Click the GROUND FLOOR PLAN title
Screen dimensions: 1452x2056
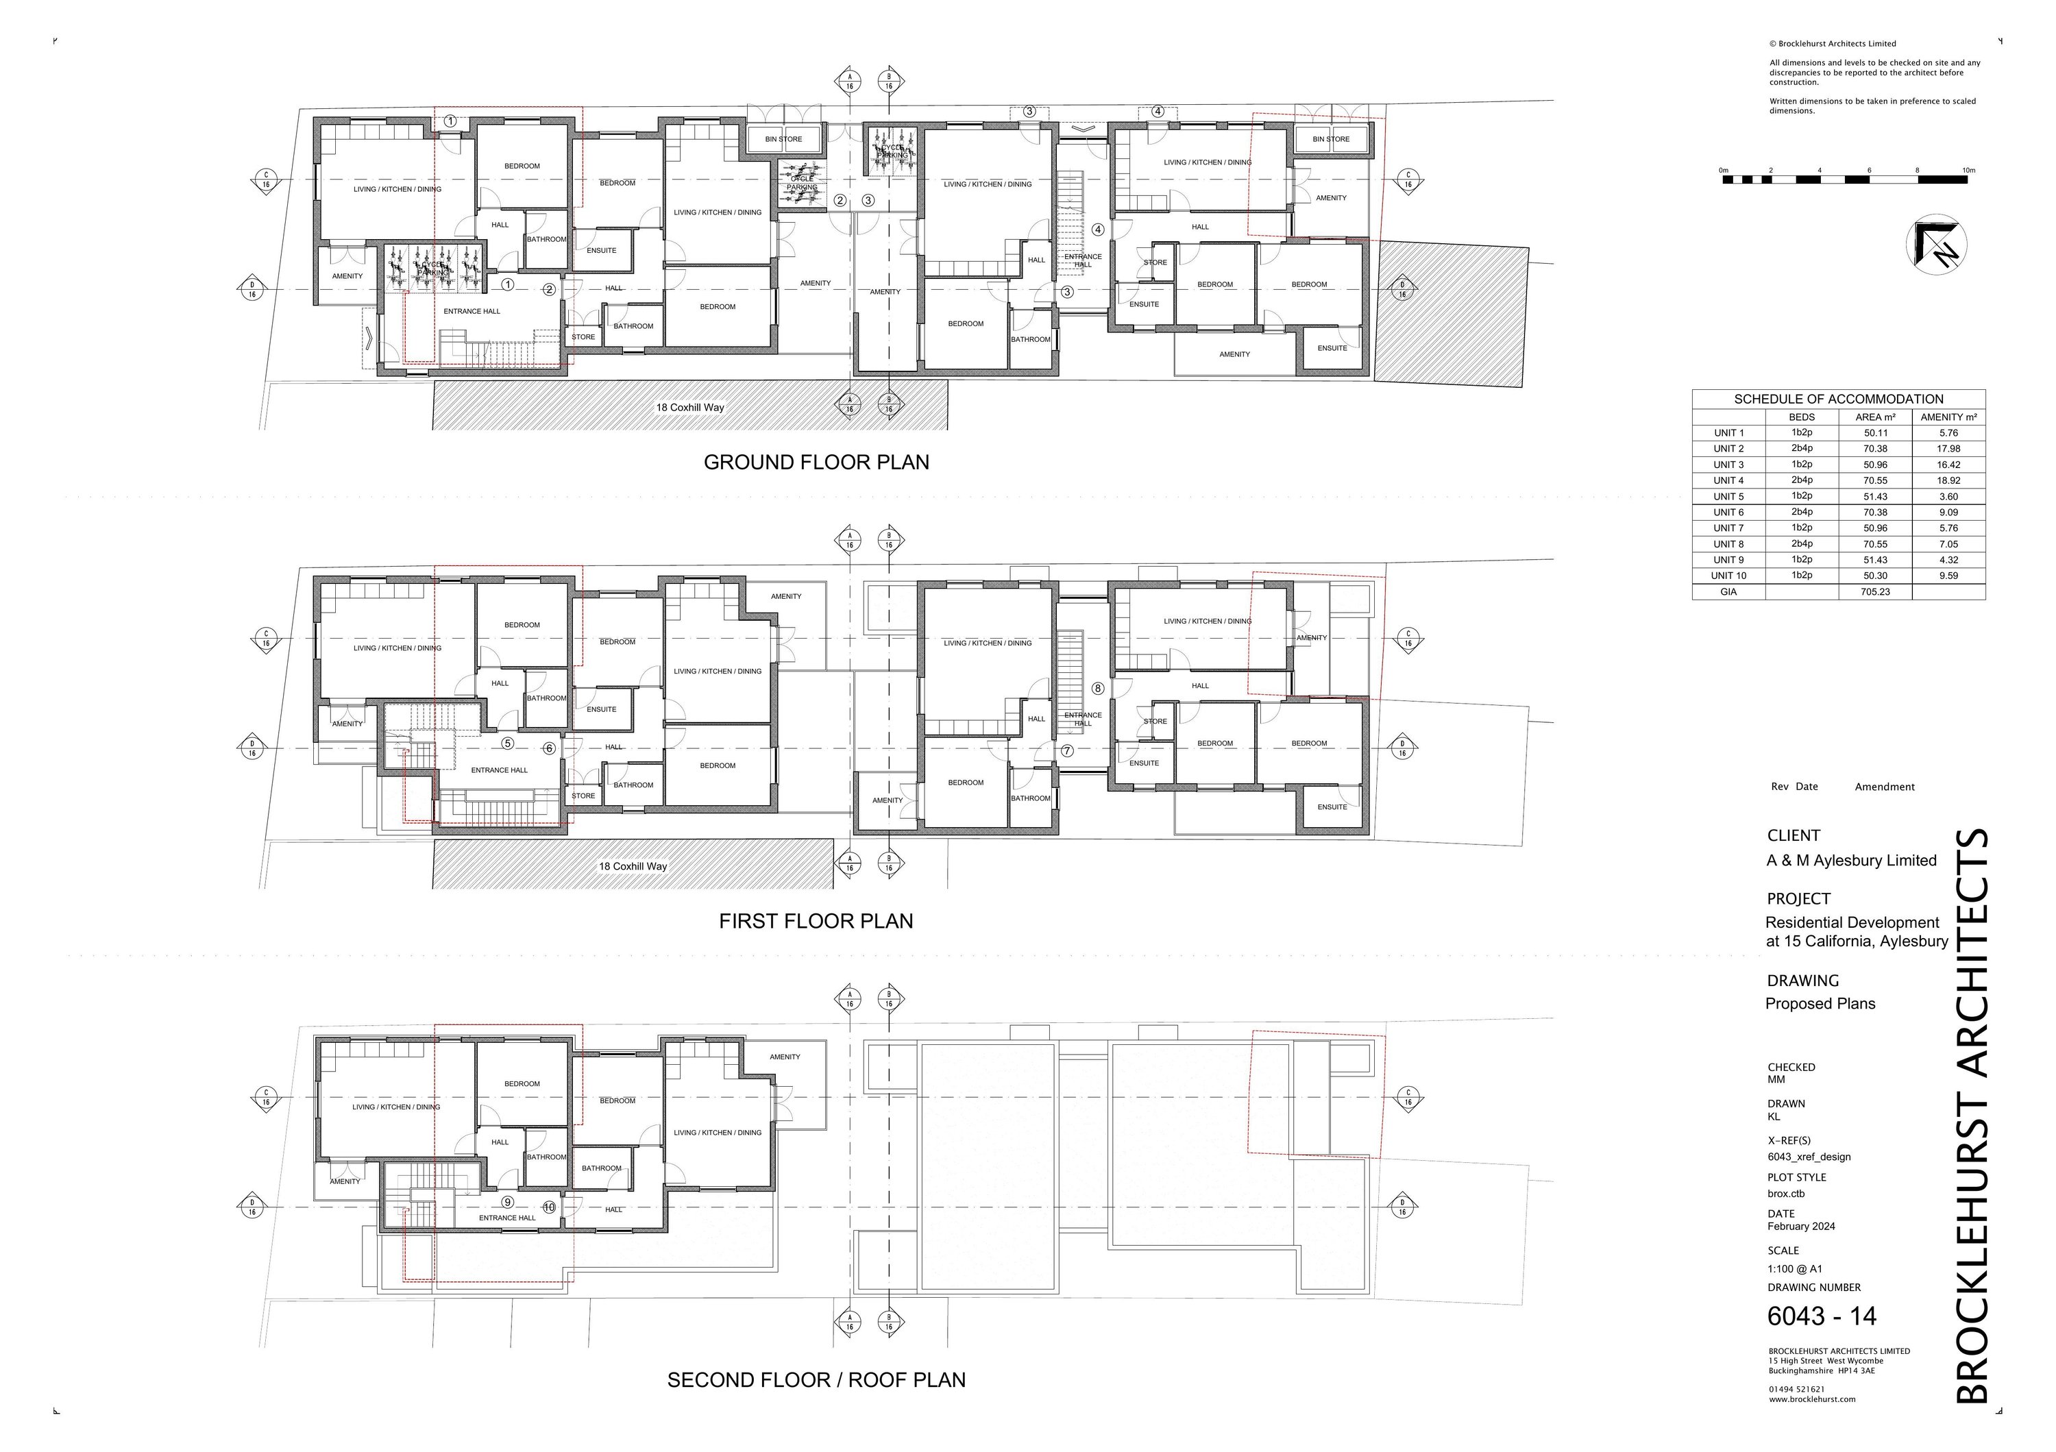[x=816, y=462]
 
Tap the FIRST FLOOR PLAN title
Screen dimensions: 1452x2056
[x=816, y=921]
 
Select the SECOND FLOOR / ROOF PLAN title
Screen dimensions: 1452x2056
[x=816, y=1379]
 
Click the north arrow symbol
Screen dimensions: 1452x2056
[x=1936, y=245]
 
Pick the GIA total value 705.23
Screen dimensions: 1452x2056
[x=1875, y=592]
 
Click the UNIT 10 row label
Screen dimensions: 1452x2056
[x=1728, y=576]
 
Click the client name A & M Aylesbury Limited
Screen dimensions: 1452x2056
[x=1851, y=860]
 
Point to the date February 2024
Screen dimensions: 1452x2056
[x=1801, y=1227]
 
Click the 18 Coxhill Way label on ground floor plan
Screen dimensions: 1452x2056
[x=689, y=407]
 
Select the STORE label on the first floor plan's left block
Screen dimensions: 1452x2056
[x=583, y=796]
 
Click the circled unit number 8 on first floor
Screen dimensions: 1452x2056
[x=1098, y=689]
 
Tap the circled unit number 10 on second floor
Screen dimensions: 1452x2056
[x=549, y=1207]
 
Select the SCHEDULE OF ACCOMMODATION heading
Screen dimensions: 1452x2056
[x=1838, y=399]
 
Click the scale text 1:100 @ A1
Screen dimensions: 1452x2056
[x=1794, y=1268]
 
